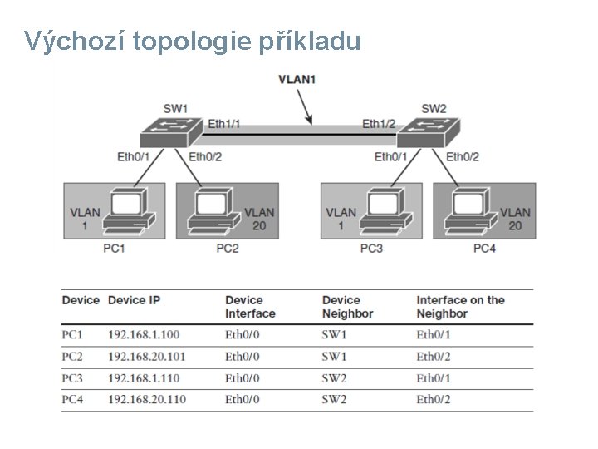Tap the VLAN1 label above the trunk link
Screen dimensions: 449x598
pos(297,80)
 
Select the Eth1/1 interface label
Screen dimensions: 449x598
pos(223,124)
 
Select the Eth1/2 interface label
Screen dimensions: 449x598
pos(379,124)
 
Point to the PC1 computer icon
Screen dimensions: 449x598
pos(130,211)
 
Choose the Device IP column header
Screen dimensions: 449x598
pos(134,300)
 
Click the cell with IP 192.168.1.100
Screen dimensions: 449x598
pos(144,335)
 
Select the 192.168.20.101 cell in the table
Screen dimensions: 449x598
pos(147,357)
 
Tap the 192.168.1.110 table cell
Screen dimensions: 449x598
pos(144,378)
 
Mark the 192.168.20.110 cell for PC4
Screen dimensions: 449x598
pos(147,400)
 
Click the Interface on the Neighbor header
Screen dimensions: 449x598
pos(460,307)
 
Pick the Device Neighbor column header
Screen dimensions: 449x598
pos(347,307)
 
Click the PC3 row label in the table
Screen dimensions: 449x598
pos(73,378)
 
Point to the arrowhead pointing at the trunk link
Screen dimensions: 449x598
pos(311,121)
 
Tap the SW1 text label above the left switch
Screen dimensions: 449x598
pos(175,108)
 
